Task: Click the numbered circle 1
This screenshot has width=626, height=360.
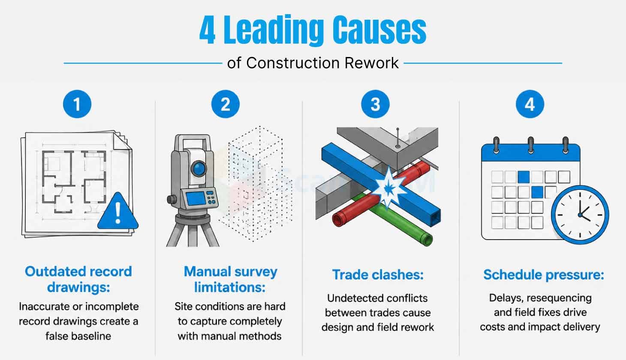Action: click(x=77, y=104)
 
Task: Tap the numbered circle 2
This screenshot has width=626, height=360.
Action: click(x=225, y=104)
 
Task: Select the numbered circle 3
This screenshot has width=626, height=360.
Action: click(x=375, y=104)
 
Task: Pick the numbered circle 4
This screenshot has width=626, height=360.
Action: click(x=530, y=104)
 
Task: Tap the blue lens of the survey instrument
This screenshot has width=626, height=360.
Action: click(x=199, y=168)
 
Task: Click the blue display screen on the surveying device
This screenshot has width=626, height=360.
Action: click(x=196, y=198)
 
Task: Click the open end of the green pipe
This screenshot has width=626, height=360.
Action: click(x=427, y=239)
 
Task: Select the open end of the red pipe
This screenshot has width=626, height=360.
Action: click(x=338, y=219)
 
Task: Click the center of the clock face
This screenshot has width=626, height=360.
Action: click(x=580, y=215)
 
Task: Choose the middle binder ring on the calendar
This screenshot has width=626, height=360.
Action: click(x=531, y=145)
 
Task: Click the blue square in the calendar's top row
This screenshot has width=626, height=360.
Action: click(x=524, y=177)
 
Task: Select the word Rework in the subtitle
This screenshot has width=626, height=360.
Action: click(x=371, y=63)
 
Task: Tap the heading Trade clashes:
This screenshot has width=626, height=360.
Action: click(x=378, y=275)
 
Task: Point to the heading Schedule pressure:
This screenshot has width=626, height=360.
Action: click(x=544, y=275)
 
